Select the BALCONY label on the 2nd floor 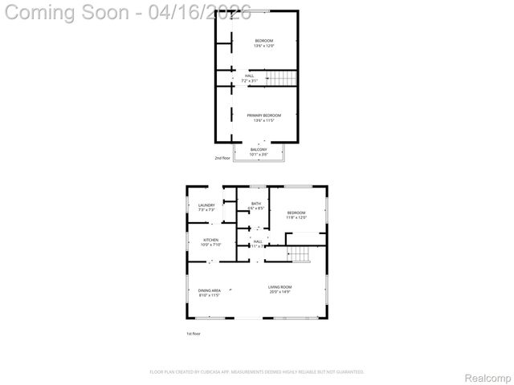(x=258, y=149)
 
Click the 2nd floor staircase (x=281, y=78)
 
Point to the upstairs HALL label (x=249, y=76)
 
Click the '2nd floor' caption (x=222, y=158)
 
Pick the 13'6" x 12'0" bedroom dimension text (x=263, y=46)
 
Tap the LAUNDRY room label (x=206, y=205)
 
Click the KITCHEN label (x=210, y=240)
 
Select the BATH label (x=256, y=204)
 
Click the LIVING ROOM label (x=279, y=286)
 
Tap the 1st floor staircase (x=299, y=254)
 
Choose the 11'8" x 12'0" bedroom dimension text (x=296, y=217)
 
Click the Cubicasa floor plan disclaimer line (x=257, y=372)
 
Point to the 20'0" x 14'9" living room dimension (x=279, y=292)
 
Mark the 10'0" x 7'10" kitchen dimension (x=210, y=245)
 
